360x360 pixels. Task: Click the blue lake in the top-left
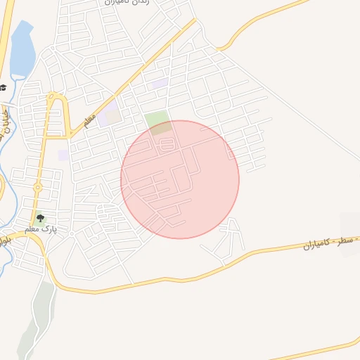(x=21, y=49)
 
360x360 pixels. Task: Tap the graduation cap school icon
(x=4, y=87)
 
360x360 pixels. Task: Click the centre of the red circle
(x=180, y=179)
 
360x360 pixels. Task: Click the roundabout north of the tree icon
(x=37, y=187)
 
